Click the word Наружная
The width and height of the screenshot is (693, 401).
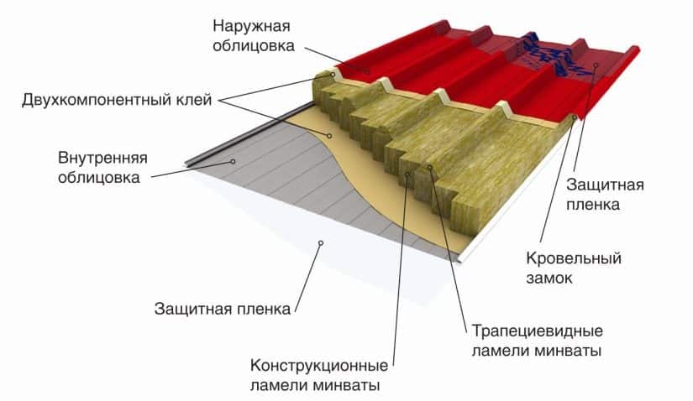pos(251,27)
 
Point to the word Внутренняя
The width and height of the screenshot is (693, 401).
pos(102,158)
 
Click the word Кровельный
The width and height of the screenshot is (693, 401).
pos(574,258)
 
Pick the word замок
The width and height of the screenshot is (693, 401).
pos(549,279)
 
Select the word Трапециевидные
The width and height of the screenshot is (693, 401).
pos(538,331)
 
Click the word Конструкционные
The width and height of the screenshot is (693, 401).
pos(319,366)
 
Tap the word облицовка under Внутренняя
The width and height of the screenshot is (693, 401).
pos(99,178)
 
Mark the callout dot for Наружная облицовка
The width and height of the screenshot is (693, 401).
pos(367,71)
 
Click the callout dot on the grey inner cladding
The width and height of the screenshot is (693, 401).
pos(233,162)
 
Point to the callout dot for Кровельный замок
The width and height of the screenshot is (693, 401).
pos(575,117)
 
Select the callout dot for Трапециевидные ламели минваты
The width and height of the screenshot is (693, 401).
pos(429,167)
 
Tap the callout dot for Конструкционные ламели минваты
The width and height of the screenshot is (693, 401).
pos(407,174)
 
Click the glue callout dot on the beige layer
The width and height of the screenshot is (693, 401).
pos(328,136)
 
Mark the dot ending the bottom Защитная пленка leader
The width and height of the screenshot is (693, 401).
pos(321,243)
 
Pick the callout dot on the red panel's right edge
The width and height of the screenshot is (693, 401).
pos(596,65)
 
